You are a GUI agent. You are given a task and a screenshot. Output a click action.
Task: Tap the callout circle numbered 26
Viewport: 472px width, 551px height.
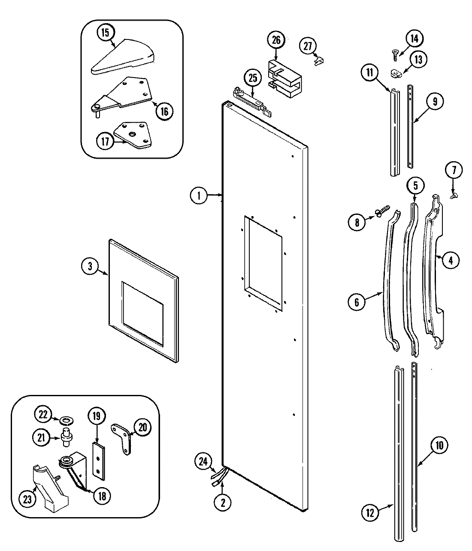(x=276, y=40)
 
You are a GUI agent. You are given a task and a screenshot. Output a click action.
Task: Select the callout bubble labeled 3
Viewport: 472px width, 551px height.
(x=90, y=266)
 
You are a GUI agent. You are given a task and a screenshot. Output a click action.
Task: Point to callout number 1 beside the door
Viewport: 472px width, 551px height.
(x=199, y=196)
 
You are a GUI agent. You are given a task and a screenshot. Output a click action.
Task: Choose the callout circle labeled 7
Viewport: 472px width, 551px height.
(x=454, y=170)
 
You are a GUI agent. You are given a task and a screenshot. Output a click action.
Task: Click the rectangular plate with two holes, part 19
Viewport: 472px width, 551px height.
(x=99, y=460)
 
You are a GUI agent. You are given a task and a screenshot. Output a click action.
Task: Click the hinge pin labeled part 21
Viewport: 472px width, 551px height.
(x=67, y=437)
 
